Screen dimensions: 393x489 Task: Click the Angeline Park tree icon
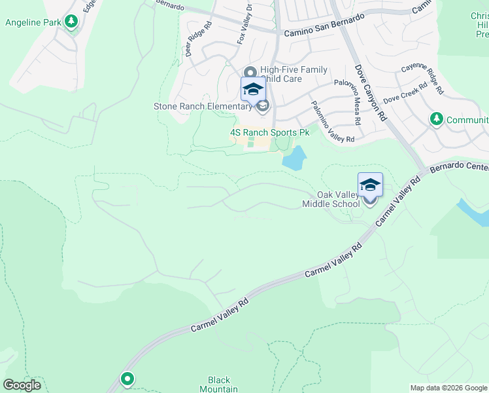71,22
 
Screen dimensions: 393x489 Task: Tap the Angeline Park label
33,22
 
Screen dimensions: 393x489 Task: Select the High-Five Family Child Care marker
249,73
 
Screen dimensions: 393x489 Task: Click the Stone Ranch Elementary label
202,106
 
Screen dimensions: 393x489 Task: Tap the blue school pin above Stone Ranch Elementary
253,90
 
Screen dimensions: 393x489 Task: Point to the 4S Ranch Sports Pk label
269,132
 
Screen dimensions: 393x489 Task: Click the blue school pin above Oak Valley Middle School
370,185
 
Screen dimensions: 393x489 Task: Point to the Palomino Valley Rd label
332,122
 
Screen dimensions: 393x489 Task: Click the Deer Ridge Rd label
198,40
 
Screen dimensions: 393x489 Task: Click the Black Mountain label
223,384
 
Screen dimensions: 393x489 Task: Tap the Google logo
22,385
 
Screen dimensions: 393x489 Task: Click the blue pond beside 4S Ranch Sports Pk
294,159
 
